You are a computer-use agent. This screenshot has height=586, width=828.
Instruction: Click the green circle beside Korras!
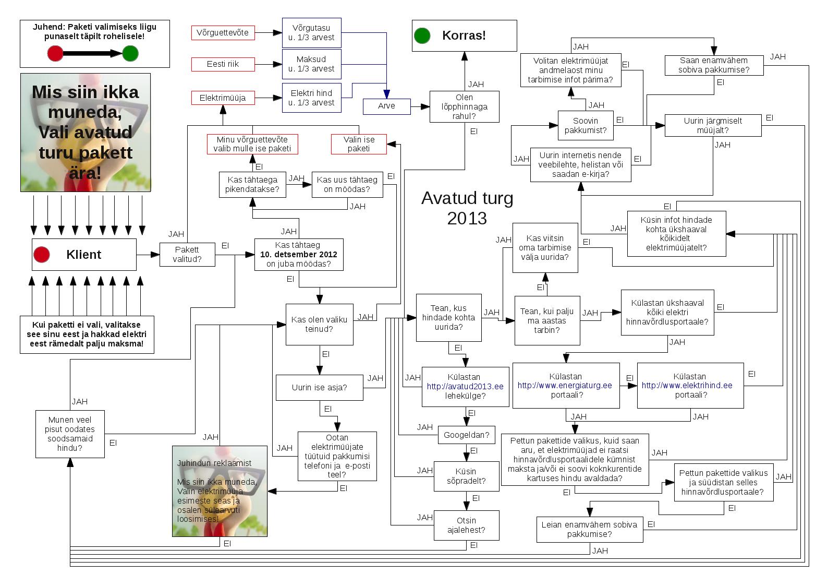pyautogui.click(x=422, y=35)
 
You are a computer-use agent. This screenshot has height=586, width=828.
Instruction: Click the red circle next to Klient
pyautogui.click(x=42, y=255)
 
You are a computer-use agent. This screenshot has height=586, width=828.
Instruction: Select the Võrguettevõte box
pyautogui.click(x=223, y=32)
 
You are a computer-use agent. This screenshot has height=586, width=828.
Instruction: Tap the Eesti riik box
pyautogui.click(x=223, y=64)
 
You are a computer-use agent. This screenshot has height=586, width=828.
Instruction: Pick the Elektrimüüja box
pyautogui.click(x=223, y=98)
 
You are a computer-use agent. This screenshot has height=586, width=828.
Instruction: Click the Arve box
pyautogui.click(x=386, y=106)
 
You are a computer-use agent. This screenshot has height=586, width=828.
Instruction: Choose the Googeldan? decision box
pyautogui.click(x=466, y=435)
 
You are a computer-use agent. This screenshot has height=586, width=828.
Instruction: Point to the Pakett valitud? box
pyautogui.click(x=187, y=254)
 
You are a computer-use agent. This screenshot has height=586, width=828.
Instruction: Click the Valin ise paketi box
pyautogui.click(x=359, y=144)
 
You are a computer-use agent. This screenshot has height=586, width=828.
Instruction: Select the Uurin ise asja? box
pyautogui.click(x=319, y=387)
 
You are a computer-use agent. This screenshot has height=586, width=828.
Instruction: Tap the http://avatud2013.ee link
pyautogui.click(x=465, y=387)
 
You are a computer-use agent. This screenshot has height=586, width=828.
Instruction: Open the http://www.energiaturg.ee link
pyautogui.click(x=565, y=386)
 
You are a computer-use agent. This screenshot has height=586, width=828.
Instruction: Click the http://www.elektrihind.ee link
pyautogui.click(x=687, y=386)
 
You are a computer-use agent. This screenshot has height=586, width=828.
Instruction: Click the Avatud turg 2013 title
pyautogui.click(x=467, y=208)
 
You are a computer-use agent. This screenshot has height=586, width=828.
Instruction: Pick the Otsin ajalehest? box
pyautogui.click(x=466, y=525)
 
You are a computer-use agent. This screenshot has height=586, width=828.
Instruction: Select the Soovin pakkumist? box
pyautogui.click(x=585, y=125)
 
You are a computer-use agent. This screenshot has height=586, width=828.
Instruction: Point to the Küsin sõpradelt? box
pyautogui.click(x=466, y=476)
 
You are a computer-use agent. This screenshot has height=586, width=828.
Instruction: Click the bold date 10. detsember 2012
pyautogui.click(x=299, y=255)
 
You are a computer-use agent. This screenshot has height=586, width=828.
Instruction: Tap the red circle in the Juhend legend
pyautogui.click(x=55, y=53)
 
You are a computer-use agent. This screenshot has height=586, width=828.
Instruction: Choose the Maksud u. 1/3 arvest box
pyautogui.click(x=311, y=64)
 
